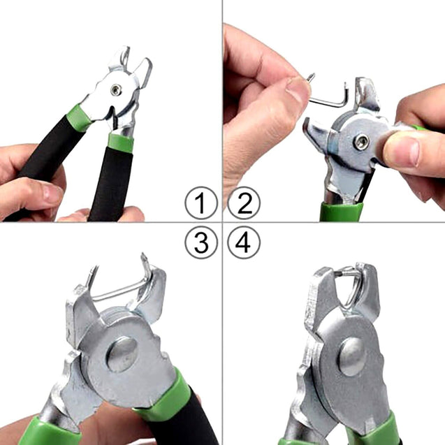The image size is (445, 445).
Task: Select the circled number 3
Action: pos(201,242)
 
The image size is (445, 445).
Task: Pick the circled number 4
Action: pos(243,242)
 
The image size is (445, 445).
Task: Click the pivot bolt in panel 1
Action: pos(116,89)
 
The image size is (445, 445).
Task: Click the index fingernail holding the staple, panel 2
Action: pos(297,91)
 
